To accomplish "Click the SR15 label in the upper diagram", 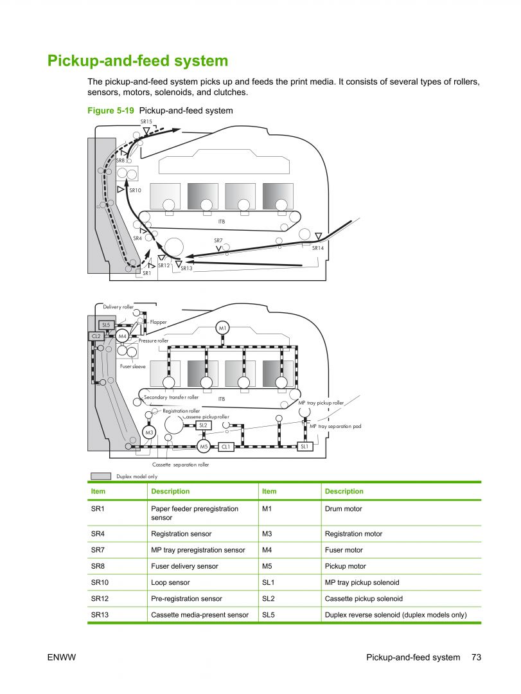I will point(146,121).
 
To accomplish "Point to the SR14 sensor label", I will point(318,248).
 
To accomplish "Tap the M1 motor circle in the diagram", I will point(222,328).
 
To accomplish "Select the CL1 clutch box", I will point(225,446).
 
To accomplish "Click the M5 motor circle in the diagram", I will point(204,446).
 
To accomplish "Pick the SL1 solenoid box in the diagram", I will point(305,446).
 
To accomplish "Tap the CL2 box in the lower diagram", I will point(96,336).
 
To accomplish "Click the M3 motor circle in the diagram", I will point(149,432).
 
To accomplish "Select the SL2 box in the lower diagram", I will point(203,425).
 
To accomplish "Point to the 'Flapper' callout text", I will point(159,322).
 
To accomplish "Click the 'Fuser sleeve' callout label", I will point(133,366).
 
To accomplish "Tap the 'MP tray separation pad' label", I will point(335,426).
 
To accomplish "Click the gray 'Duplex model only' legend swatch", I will point(101,476).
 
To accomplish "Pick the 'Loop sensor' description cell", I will point(170,582).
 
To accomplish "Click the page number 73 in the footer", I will point(476,657).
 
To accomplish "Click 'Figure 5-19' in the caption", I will point(110,111).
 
